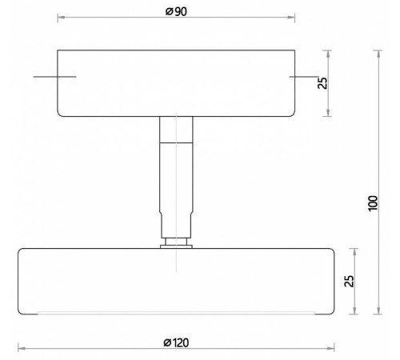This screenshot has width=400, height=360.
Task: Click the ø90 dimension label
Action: tap(176, 11)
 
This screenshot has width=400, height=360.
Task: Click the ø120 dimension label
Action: tap(176, 342)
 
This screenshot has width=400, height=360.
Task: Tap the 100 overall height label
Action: tap(373, 203)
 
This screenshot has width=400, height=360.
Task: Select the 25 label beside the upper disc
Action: tap(322, 83)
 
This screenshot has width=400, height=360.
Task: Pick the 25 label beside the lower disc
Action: tap(350, 281)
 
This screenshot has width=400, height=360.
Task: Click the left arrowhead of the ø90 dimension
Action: tap(61, 18)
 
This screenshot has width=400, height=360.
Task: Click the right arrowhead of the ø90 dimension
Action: tap(291, 18)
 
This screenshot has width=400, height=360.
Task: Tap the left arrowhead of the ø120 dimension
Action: tap(22, 348)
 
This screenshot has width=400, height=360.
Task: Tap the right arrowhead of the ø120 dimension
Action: tap(330, 348)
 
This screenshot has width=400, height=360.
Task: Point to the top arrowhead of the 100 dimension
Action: tap(378, 54)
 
